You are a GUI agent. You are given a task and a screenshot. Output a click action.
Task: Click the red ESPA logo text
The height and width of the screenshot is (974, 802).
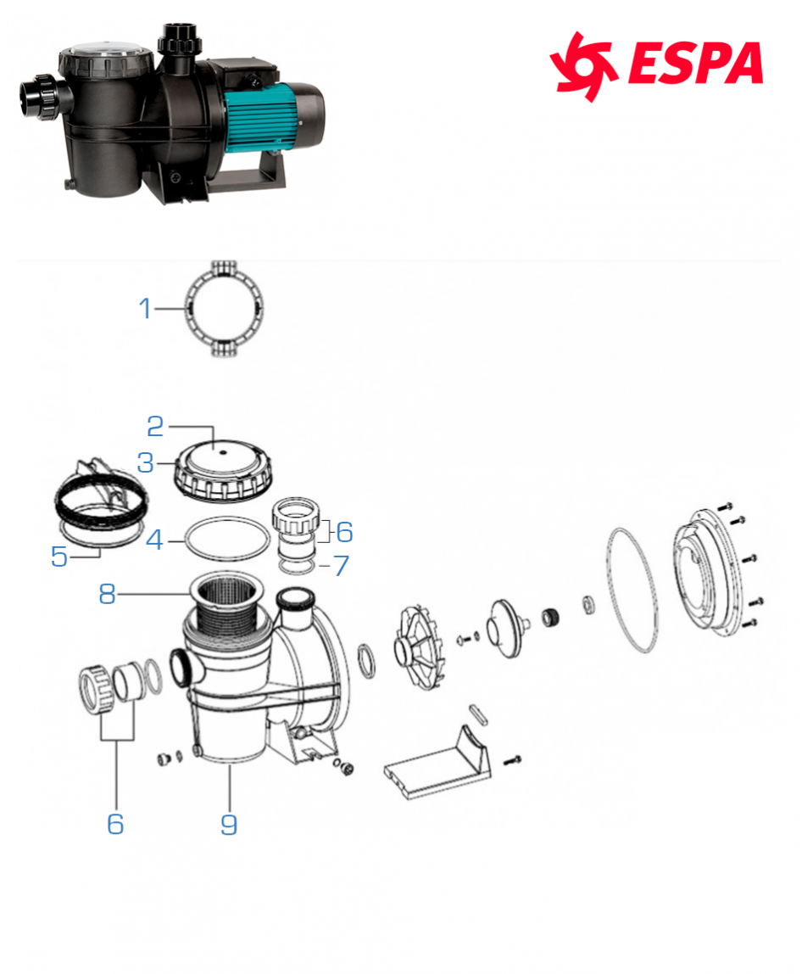click(695, 63)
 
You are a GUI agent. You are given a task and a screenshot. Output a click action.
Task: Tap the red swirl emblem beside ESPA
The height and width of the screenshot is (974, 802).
click(583, 66)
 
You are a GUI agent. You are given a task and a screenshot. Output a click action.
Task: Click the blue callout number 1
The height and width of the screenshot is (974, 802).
click(145, 308)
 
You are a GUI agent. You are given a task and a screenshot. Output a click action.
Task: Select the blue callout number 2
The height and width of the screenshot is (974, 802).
click(155, 426)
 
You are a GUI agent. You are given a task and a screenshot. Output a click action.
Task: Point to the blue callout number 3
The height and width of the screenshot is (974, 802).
click(145, 462)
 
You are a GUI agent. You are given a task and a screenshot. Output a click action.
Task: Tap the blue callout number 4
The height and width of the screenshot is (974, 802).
click(154, 540)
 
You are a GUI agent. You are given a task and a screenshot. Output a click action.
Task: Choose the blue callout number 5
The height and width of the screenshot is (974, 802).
click(59, 557)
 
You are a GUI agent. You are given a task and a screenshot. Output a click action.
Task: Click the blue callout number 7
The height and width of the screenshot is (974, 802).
click(341, 565)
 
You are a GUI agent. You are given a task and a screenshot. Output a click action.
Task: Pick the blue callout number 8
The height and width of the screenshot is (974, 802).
click(108, 595)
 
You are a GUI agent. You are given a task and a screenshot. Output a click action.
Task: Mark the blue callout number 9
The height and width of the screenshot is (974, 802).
click(229, 825)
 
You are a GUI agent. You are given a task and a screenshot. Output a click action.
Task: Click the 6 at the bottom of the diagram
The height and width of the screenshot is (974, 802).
click(115, 824)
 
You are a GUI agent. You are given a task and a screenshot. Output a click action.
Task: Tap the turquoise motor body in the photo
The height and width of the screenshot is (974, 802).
click(262, 118)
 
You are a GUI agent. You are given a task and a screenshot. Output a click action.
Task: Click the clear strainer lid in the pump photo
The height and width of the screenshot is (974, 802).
click(104, 51)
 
